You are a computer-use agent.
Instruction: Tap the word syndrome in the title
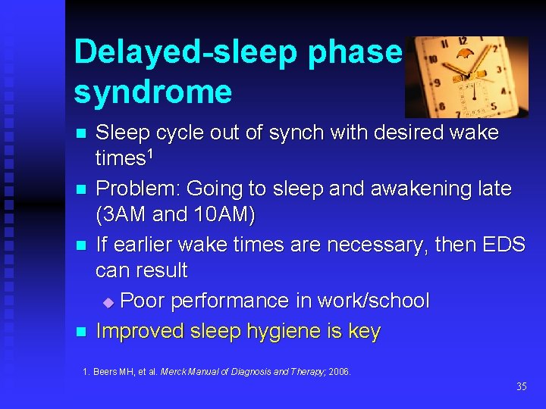click(x=152, y=92)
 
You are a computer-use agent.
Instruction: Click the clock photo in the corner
click(x=466, y=76)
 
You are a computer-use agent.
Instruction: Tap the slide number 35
click(x=521, y=387)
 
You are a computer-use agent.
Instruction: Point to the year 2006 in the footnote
click(x=339, y=372)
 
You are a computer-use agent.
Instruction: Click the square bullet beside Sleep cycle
click(x=81, y=134)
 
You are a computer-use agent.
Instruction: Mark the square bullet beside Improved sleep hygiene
click(x=81, y=332)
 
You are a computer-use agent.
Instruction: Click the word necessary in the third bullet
click(x=373, y=244)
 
